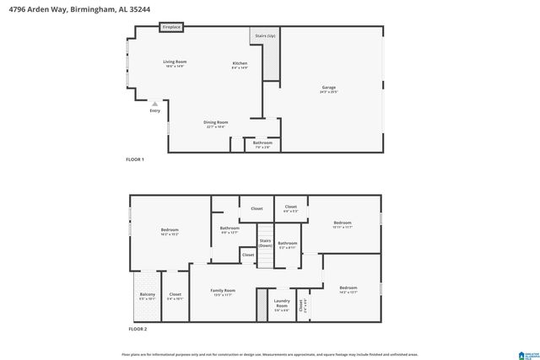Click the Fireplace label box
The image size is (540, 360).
[172, 28]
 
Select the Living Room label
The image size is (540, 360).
[175, 62]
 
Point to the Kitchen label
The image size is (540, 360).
[240, 65]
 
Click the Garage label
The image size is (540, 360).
[328, 89]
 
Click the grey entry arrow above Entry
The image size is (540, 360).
[154, 104]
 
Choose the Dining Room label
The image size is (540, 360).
[215, 123]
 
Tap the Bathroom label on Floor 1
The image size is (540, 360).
[262, 143]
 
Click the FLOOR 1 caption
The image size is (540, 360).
[135, 159]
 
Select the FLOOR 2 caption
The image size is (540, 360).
[137, 329]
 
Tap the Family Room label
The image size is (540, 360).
[224, 292]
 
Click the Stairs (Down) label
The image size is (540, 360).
[265, 243]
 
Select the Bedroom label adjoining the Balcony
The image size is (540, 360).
[170, 231]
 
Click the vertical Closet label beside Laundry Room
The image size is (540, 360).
[304, 307]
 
